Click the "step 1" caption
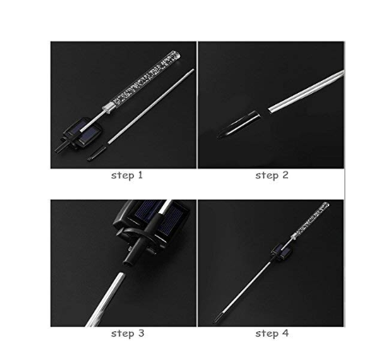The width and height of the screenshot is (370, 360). coord(127,176)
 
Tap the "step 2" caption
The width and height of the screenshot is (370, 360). coord(272,176)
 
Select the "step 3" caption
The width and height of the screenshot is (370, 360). coord(128,334)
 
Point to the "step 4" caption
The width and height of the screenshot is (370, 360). coord(272,334)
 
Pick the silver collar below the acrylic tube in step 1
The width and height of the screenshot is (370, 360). coord(108,108)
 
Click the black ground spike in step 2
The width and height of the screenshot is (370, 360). coord(238,124)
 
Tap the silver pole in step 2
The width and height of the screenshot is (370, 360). coord(307,91)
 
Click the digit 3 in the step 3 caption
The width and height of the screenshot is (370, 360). coord(141,334)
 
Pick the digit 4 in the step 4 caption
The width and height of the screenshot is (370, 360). coord(286,334)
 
